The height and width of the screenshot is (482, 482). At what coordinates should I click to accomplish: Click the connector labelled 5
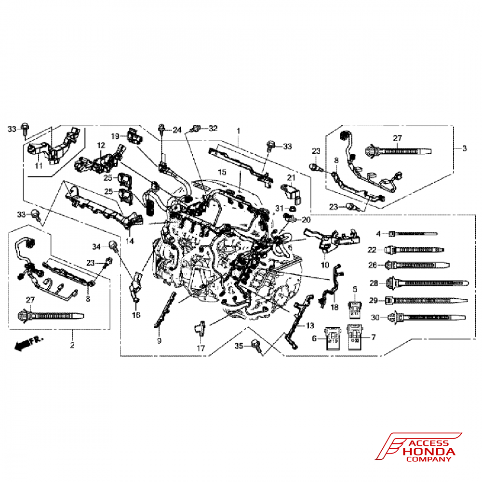point(355,308)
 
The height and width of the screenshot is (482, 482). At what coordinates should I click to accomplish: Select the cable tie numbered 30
point(429,318)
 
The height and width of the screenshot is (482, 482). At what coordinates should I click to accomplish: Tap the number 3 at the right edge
point(464,148)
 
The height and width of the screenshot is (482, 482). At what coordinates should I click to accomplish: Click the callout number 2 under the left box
point(72,345)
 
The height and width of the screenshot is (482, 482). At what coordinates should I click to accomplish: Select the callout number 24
point(177,130)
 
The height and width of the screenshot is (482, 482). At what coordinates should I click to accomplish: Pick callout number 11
point(39,166)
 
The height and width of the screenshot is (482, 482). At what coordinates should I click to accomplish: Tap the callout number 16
point(136,315)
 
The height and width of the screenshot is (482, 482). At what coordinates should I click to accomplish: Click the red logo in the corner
point(417,446)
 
